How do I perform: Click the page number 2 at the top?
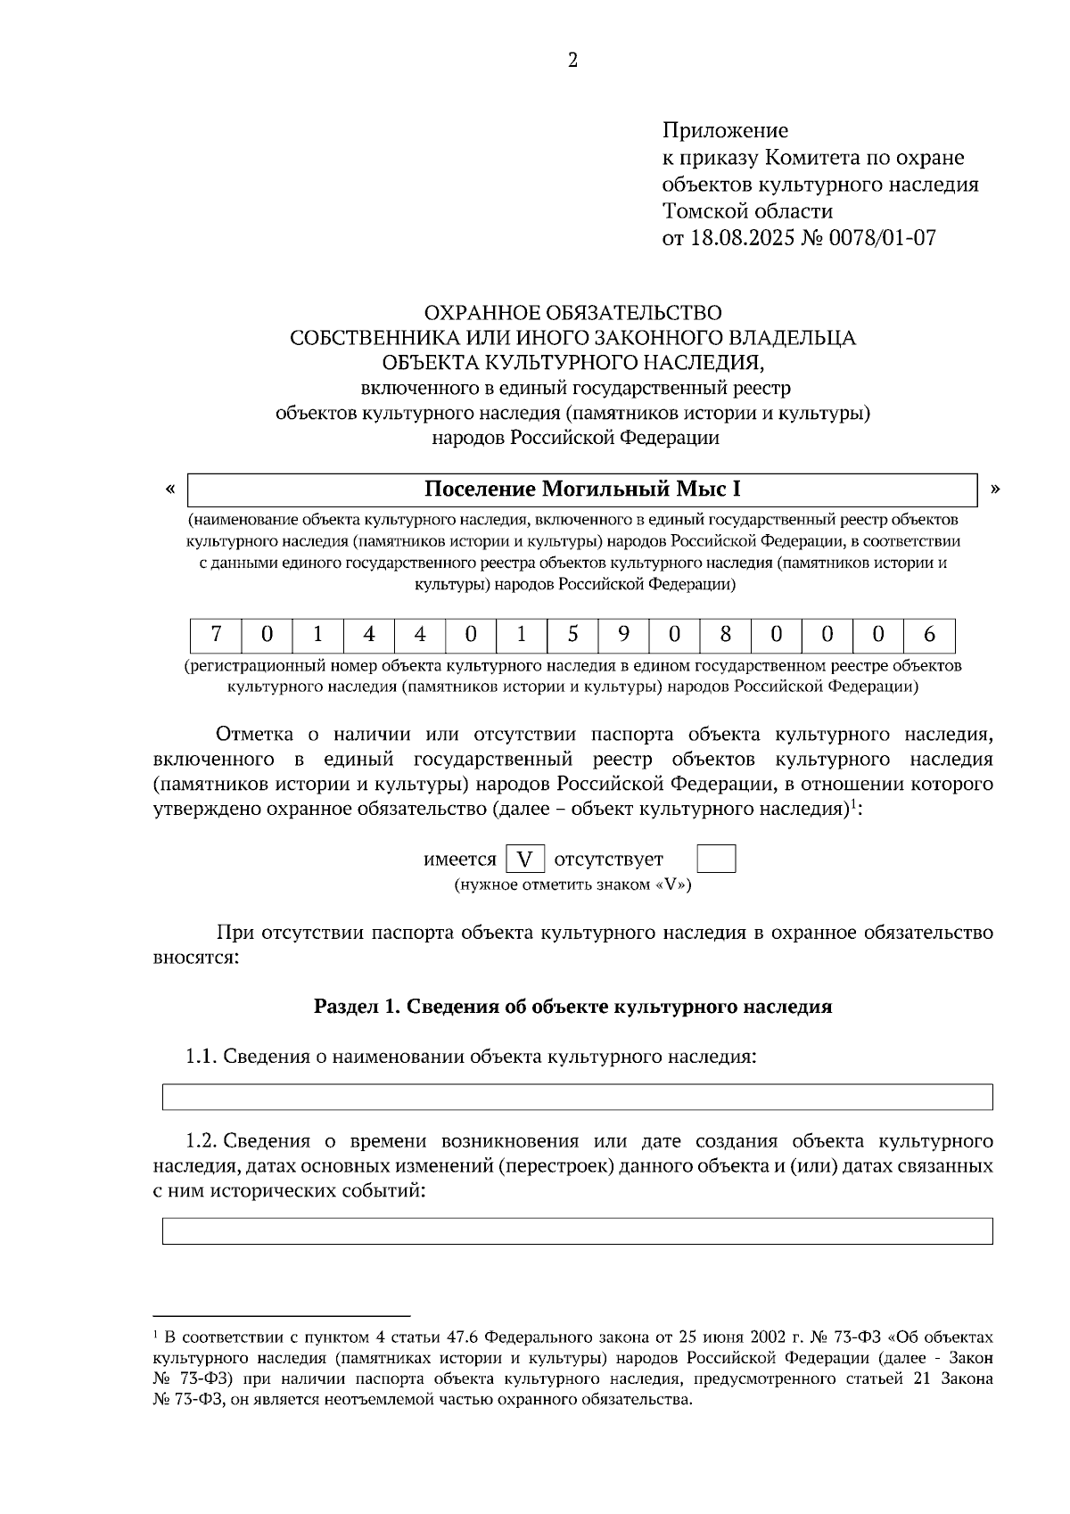click(x=572, y=60)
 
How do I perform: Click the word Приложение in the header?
click(x=724, y=131)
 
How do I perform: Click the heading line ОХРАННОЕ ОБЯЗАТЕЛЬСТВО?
click(x=572, y=313)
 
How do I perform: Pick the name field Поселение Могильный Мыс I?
click(x=582, y=490)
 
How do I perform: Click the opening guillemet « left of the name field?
click(x=170, y=489)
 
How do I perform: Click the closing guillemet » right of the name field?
click(x=995, y=489)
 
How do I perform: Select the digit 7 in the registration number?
click(x=216, y=635)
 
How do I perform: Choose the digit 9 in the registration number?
click(x=623, y=635)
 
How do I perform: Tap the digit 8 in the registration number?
click(x=725, y=635)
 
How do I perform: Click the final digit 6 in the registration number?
click(x=929, y=635)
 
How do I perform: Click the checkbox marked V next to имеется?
click(x=525, y=860)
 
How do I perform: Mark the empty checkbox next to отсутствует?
click(x=715, y=860)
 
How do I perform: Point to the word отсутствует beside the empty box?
click(x=609, y=860)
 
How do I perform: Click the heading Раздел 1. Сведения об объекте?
click(x=572, y=1007)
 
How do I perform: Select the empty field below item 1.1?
click(x=577, y=1097)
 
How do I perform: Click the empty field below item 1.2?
click(x=577, y=1230)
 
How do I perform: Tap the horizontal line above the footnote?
click(x=281, y=1314)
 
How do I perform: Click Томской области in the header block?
click(x=747, y=211)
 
